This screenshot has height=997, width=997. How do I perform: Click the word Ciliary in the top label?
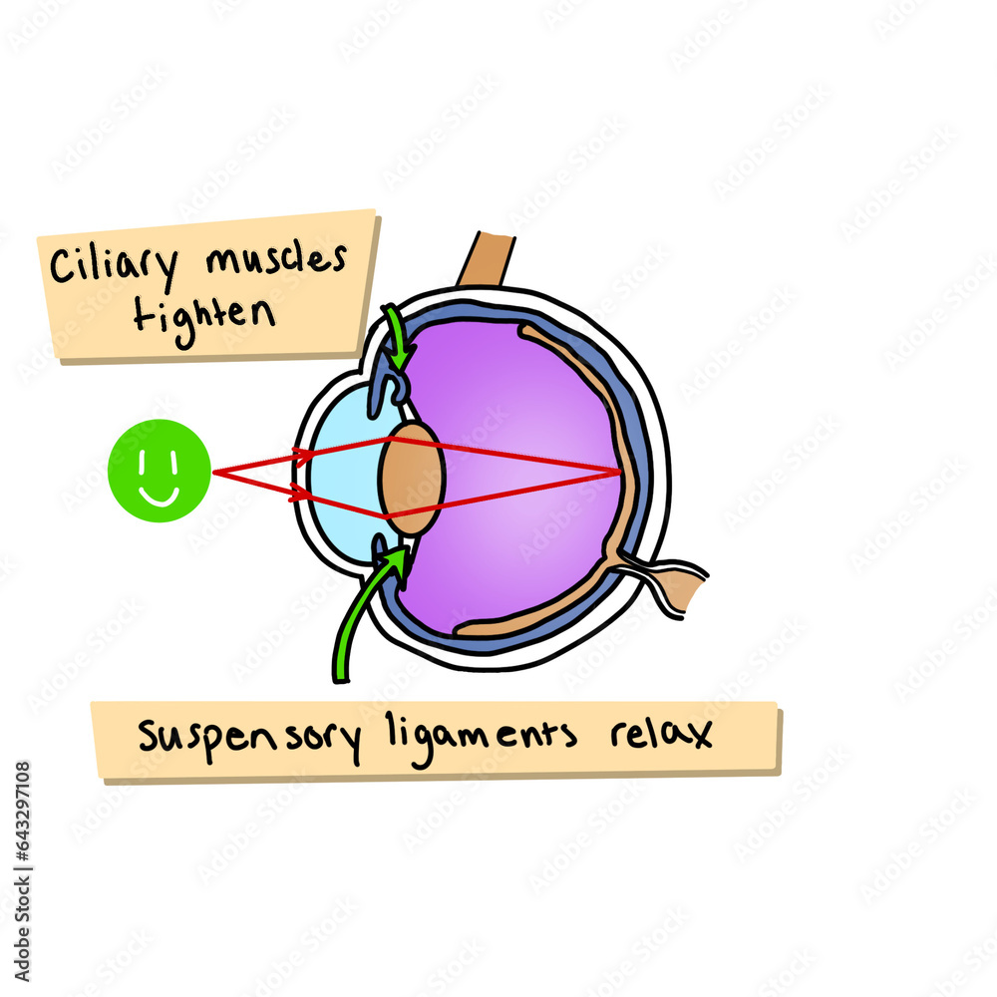click(x=113, y=267)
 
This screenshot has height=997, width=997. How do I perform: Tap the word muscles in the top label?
click(x=276, y=260)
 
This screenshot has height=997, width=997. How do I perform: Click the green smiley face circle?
click(x=160, y=471)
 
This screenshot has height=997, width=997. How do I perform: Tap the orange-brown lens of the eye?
click(x=411, y=478)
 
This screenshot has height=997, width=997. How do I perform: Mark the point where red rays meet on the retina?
click(x=621, y=471)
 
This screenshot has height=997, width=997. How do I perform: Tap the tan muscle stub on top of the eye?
click(x=488, y=259)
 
